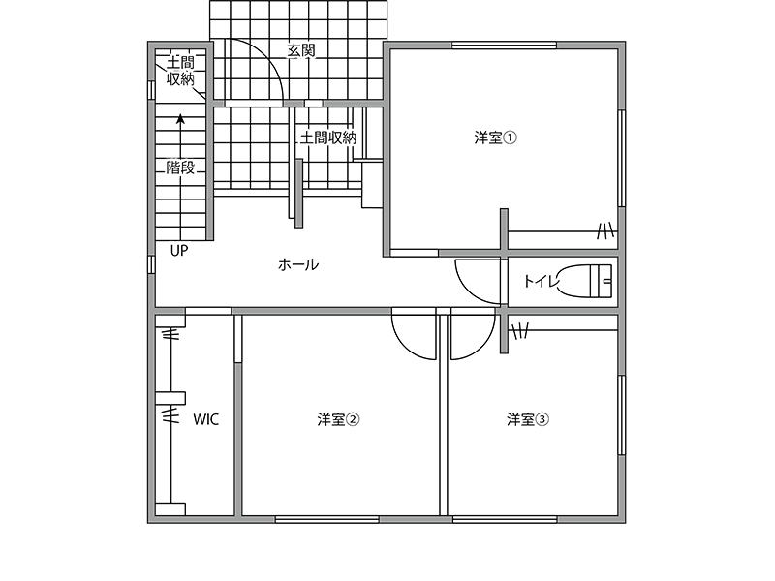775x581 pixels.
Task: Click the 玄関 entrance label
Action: point(301,50)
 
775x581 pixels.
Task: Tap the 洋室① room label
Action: point(495,138)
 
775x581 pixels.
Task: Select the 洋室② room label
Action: point(338,419)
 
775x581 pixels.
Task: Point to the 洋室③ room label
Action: point(528,419)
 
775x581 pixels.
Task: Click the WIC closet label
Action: point(205,419)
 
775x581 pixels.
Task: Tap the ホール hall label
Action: point(298,264)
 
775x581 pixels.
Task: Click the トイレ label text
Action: point(541,281)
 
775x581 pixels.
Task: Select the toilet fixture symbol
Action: point(585,281)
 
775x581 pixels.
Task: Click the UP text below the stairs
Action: point(179,251)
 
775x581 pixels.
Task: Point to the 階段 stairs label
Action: point(180,168)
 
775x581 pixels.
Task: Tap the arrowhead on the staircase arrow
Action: point(181,118)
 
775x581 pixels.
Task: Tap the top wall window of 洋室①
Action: point(504,46)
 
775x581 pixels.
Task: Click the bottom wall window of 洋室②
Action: point(327,519)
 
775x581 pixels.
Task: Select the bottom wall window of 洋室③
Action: point(505,519)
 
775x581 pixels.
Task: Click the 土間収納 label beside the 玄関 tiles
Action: point(328,138)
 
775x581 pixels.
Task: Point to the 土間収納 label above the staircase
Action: point(180,71)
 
